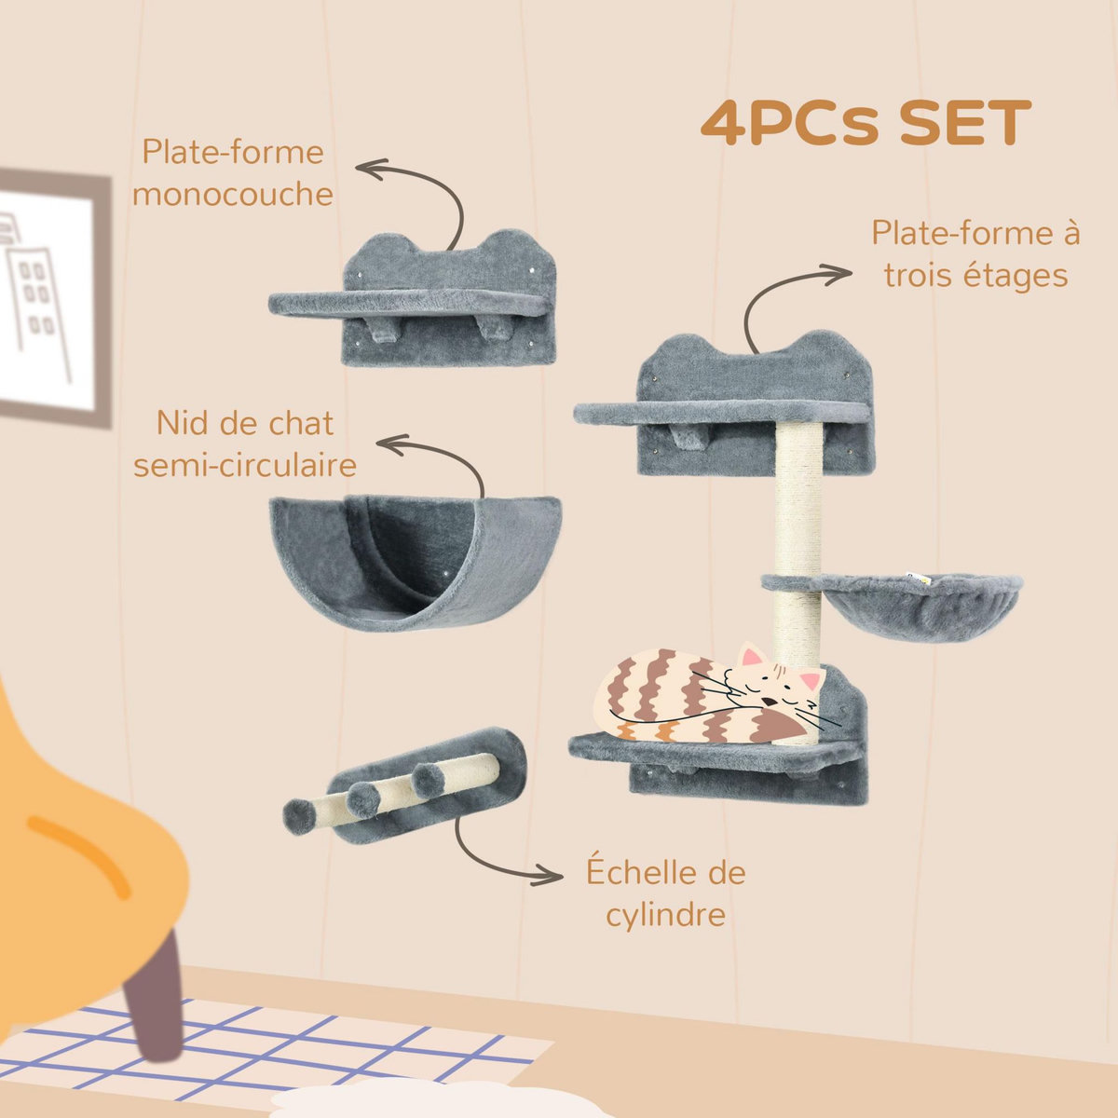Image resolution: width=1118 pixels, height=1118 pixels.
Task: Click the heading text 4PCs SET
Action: [866, 124]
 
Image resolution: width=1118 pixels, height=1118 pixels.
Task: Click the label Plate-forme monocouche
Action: [232, 173]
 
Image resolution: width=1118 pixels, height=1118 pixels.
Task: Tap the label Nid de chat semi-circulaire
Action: [244, 443]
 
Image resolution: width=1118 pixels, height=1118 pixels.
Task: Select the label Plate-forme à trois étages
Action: [975, 254]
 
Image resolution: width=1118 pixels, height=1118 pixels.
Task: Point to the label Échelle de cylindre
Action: [665, 893]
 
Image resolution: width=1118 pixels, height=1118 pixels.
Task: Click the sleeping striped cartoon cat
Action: [708, 697]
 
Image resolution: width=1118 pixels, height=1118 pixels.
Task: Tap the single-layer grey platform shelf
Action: [410, 303]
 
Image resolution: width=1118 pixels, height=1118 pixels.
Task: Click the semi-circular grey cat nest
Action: [414, 559]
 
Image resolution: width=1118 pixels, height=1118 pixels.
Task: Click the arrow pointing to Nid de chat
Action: [438, 457]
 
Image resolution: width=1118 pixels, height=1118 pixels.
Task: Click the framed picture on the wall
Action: [47, 298]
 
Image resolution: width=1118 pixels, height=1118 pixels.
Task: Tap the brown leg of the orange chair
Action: [156, 997]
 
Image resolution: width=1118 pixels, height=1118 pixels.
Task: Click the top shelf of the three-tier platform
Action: [722, 410]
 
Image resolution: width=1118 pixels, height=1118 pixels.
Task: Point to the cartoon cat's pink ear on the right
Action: [811, 678]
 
